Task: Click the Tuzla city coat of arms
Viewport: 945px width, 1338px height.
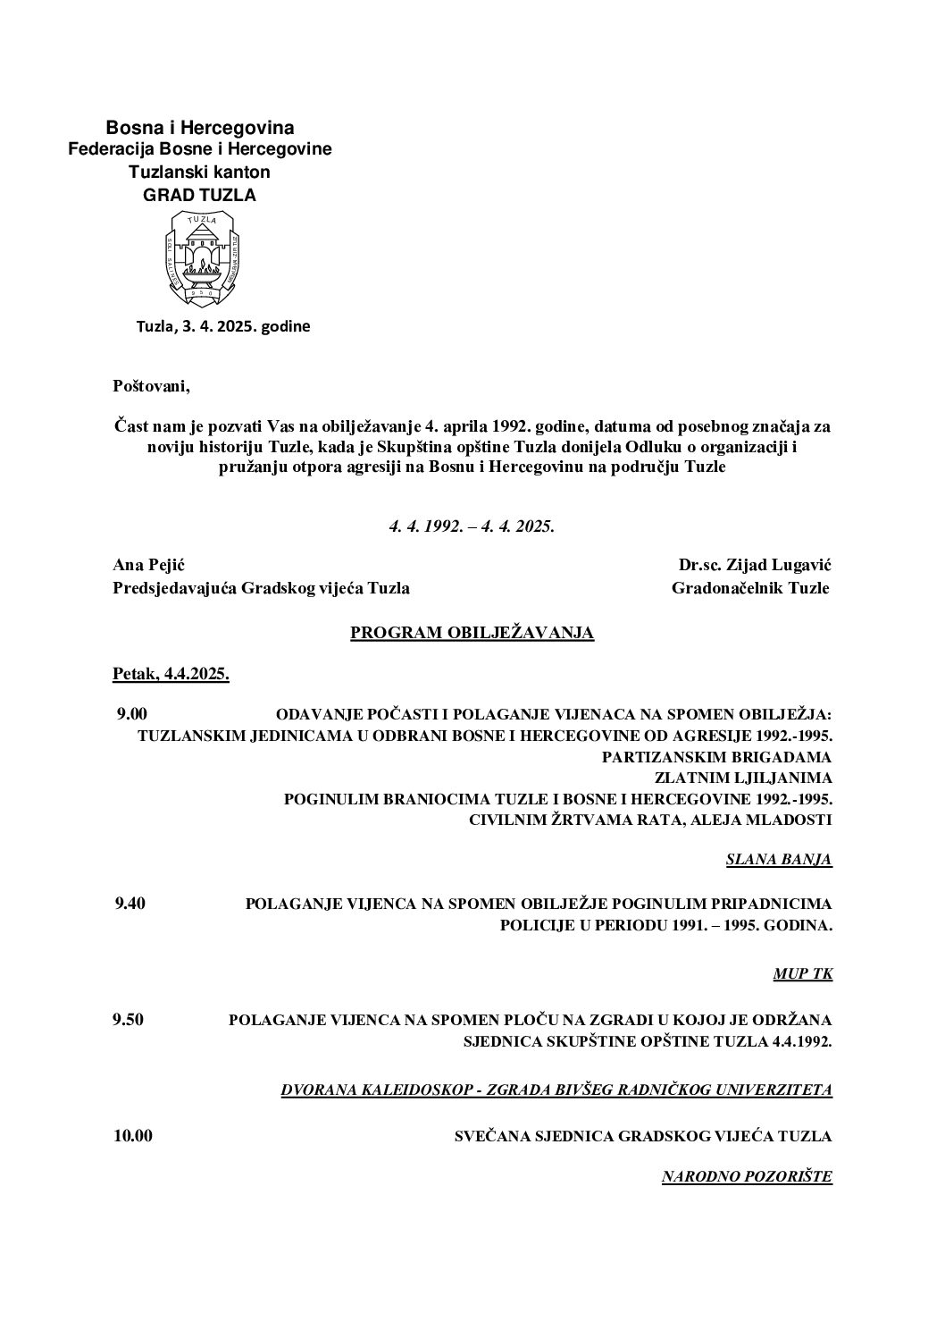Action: [x=199, y=257]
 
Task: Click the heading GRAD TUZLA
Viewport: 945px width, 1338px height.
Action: [x=199, y=196]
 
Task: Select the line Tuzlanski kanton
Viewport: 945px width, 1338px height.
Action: [x=199, y=172]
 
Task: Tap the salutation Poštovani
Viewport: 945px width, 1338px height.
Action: [x=152, y=386]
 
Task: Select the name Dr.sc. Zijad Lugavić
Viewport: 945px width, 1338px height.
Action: [x=755, y=564]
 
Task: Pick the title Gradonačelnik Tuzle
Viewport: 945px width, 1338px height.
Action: [x=750, y=587]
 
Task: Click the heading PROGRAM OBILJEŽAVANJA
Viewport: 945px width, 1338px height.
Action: [x=472, y=633]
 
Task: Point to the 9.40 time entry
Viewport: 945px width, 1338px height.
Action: [x=130, y=903]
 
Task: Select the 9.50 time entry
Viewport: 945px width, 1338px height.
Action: [x=129, y=1019]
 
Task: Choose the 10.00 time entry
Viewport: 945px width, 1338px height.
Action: [x=133, y=1136]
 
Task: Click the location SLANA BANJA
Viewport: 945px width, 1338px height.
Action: [x=779, y=860]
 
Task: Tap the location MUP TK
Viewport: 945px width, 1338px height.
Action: [x=802, y=973]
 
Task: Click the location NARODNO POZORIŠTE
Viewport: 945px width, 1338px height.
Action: [x=747, y=1177]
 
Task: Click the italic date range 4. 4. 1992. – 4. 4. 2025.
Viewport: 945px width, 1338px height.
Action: [x=472, y=527]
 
